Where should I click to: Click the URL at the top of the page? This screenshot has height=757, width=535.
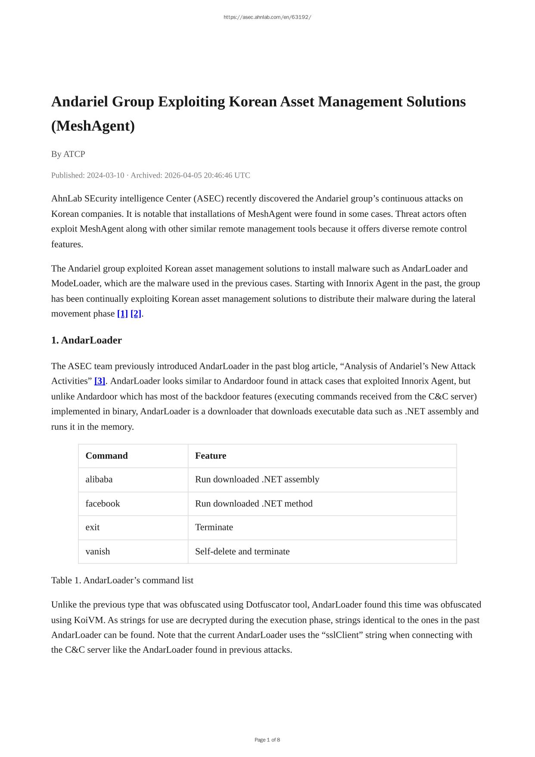click(x=267, y=17)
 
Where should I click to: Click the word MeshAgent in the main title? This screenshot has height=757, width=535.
click(x=93, y=126)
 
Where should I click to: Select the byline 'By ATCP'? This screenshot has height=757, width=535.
click(x=68, y=154)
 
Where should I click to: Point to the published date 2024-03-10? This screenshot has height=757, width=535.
click(x=105, y=175)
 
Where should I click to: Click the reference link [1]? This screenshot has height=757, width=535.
click(x=122, y=314)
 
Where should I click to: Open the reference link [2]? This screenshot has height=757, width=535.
click(x=136, y=314)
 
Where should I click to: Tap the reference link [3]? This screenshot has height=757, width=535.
click(x=100, y=381)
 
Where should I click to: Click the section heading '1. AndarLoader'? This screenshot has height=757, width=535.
click(x=86, y=340)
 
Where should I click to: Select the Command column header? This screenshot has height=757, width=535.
click(x=106, y=456)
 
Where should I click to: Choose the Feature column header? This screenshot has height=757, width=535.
click(x=210, y=456)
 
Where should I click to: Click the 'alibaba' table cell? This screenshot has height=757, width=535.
click(x=99, y=479)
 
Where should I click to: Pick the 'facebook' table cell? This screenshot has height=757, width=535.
click(x=103, y=504)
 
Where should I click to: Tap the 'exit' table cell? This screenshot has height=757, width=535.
click(x=92, y=527)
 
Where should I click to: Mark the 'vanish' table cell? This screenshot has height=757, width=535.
click(x=97, y=551)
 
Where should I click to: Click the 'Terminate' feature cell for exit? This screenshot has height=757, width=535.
click(x=214, y=527)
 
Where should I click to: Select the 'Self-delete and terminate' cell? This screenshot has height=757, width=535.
click(x=242, y=551)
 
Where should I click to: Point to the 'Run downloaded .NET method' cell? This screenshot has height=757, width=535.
click(x=254, y=504)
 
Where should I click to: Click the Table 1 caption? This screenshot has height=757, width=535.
click(x=122, y=580)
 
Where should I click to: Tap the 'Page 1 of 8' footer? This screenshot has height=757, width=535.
click(x=267, y=740)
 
